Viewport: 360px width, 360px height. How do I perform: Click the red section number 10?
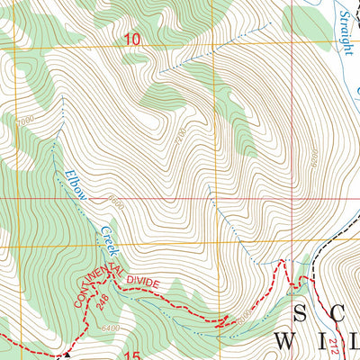pos(133,39)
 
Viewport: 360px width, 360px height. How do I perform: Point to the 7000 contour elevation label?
pos(24,120)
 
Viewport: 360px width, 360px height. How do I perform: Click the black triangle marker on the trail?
pos(67,355)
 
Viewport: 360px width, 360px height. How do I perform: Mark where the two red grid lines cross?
pos(292,195)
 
